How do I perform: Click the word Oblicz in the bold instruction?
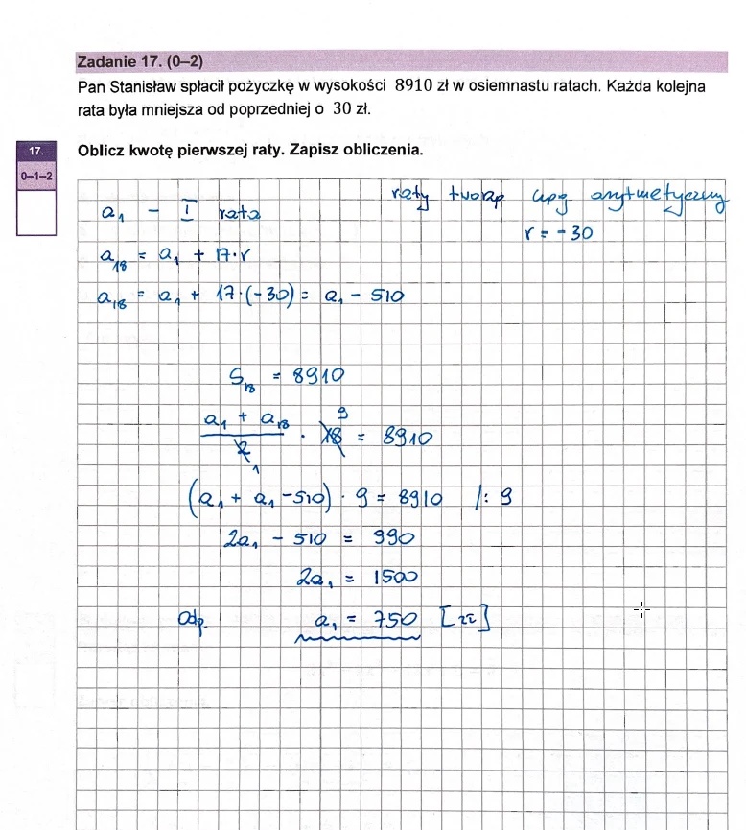click(x=105, y=151)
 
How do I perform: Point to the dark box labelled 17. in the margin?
click(x=35, y=152)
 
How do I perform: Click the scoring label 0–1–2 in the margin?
click(x=36, y=177)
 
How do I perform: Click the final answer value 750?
click(x=394, y=622)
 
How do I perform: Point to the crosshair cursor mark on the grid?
click(x=642, y=609)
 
